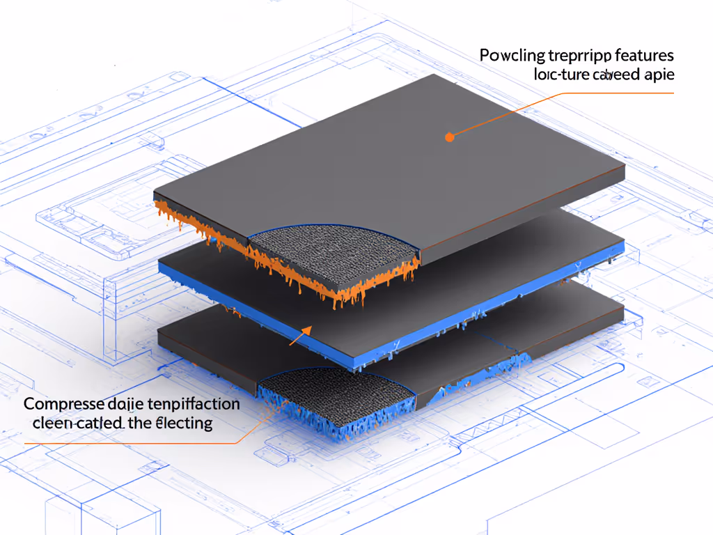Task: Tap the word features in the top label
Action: [644, 56]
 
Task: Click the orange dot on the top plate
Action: [449, 137]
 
